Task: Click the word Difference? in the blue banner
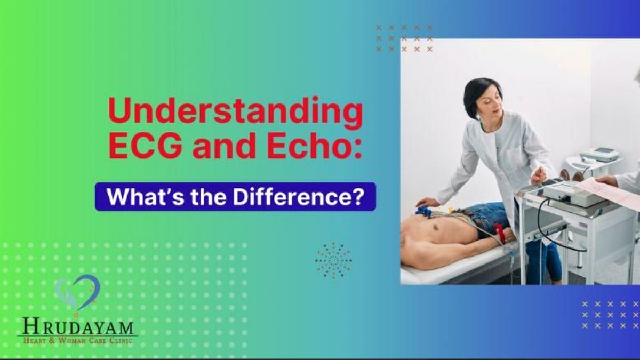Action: point(299,197)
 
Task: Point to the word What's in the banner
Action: point(146,197)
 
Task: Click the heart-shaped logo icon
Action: point(77,295)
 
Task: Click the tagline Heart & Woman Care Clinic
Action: point(78,341)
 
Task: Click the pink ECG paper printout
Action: point(609,190)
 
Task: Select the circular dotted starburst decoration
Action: point(333,261)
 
